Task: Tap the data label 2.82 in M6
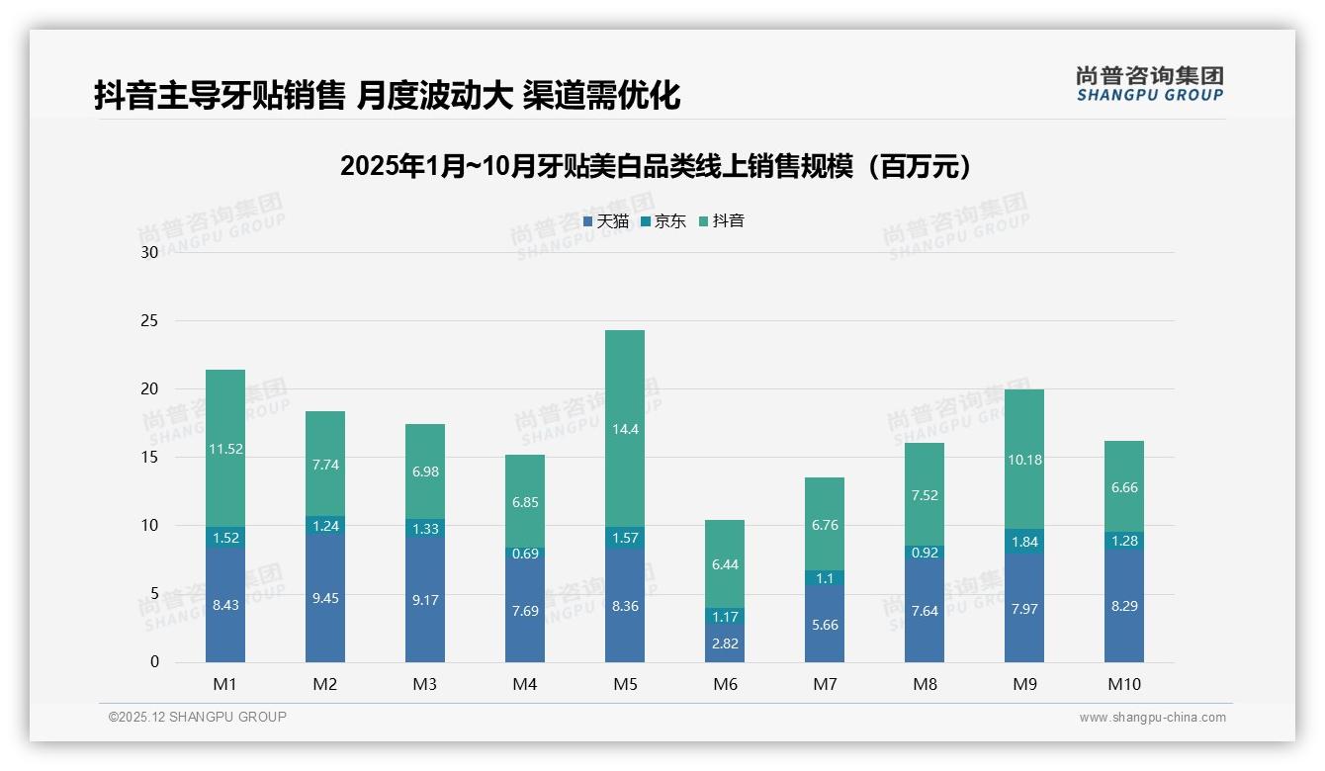click(725, 643)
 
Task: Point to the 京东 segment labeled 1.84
click(1023, 542)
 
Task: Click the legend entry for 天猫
click(606, 221)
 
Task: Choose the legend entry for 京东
click(663, 221)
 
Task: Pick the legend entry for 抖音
click(722, 221)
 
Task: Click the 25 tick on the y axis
click(149, 320)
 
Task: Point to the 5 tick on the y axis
click(153, 593)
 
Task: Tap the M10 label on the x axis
click(1124, 684)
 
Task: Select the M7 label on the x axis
click(824, 684)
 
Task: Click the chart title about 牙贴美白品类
click(657, 166)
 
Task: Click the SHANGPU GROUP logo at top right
click(1149, 84)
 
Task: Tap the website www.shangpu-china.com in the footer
click(1152, 718)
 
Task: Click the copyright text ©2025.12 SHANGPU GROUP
click(197, 717)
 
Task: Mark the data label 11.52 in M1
click(225, 449)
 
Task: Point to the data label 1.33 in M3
click(425, 529)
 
